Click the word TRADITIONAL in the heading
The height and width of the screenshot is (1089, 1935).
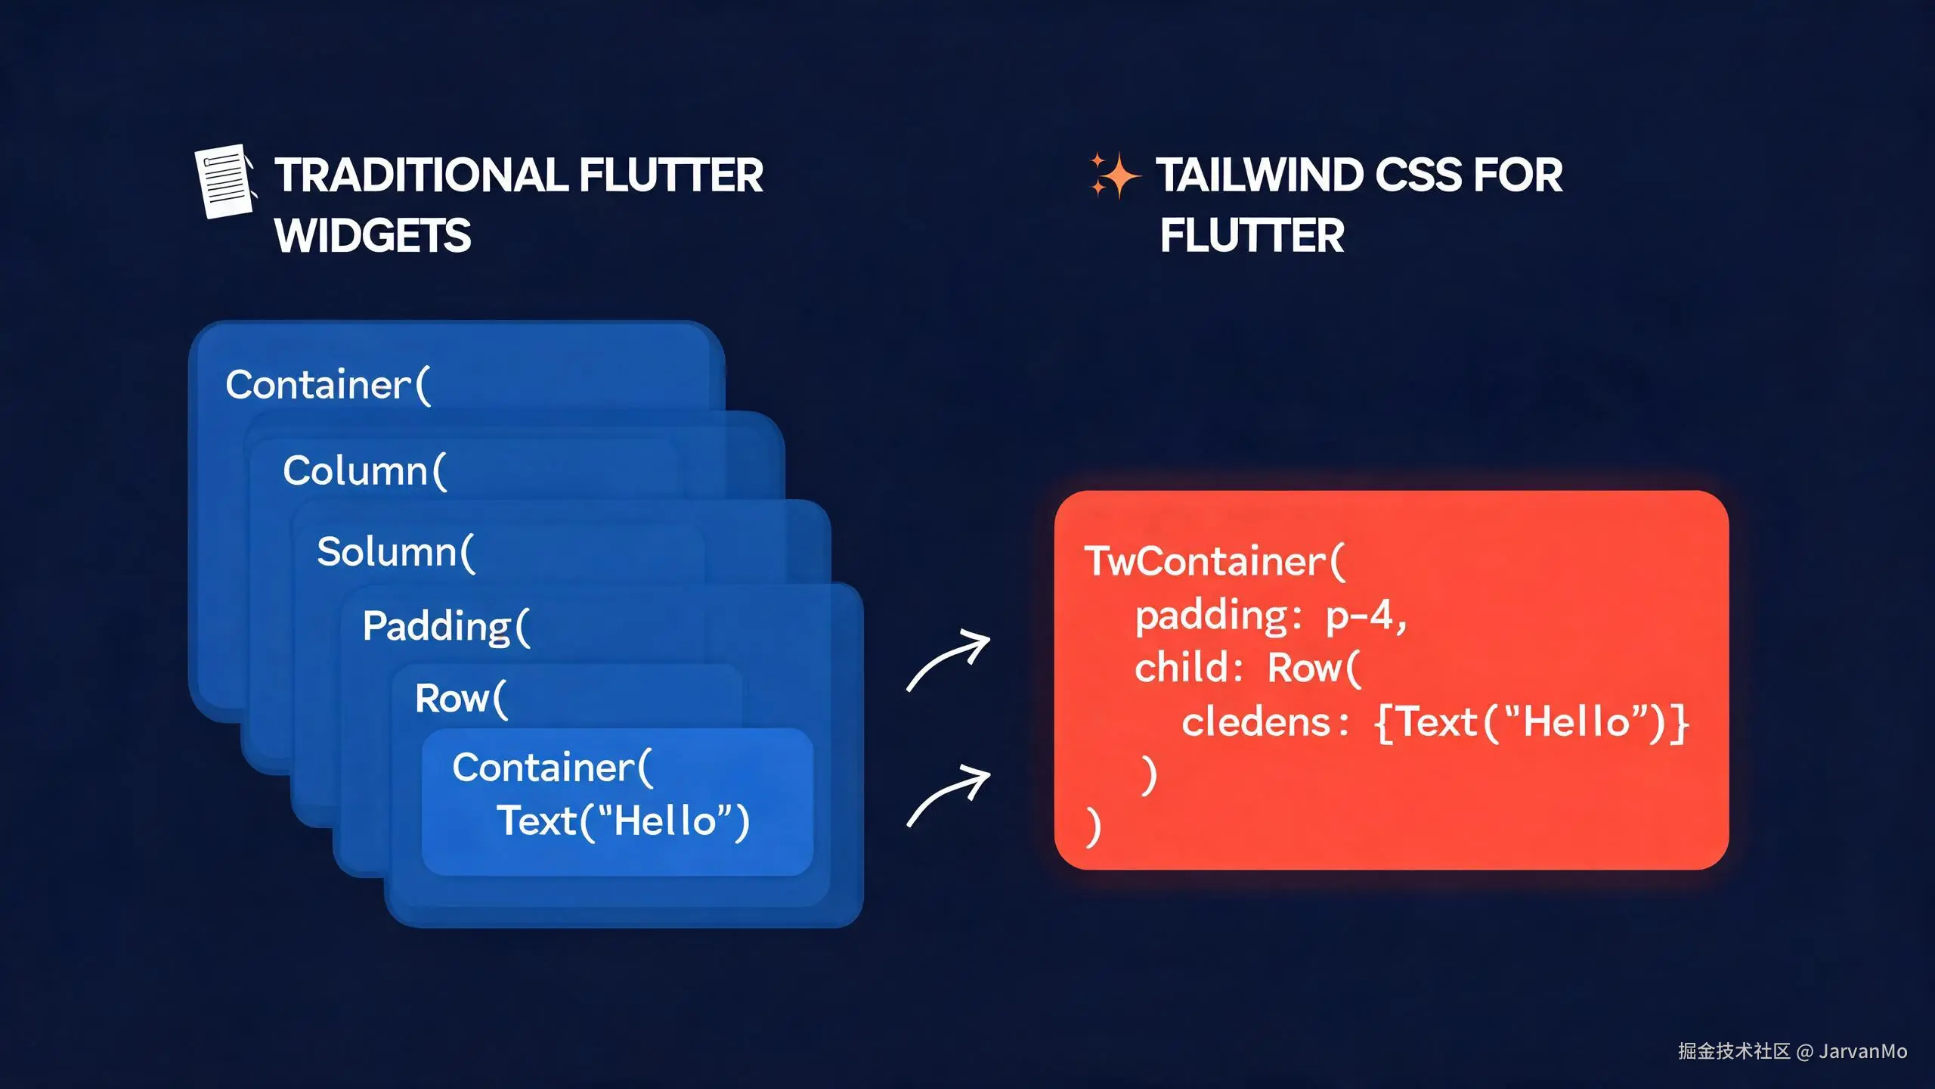[421, 175]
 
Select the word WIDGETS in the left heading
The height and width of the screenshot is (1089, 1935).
[373, 235]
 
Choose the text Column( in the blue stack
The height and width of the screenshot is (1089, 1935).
[365, 470]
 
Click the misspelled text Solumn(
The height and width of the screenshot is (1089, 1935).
[396, 551]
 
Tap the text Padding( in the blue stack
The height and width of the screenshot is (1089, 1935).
[447, 626]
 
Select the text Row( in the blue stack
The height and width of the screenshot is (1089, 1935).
[461, 698]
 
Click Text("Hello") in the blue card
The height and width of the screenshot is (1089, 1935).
[623, 821]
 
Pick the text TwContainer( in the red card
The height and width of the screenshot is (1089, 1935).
[1215, 561]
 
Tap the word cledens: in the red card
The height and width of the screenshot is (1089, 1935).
[1265, 722]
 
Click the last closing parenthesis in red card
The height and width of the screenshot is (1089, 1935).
[1094, 827]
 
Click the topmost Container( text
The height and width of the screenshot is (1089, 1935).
[328, 385]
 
